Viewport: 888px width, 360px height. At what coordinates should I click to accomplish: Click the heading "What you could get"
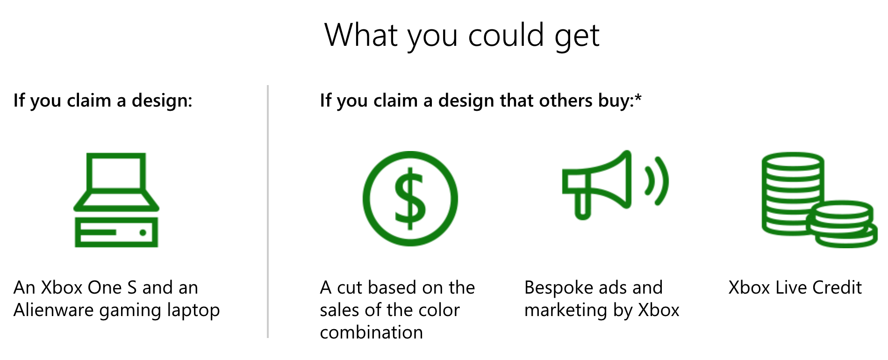point(462,36)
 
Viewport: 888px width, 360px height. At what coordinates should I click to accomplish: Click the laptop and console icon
point(116,200)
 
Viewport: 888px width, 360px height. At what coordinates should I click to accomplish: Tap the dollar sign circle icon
point(410,199)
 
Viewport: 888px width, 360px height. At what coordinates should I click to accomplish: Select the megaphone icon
point(615,185)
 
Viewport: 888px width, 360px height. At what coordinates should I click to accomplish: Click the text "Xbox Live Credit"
point(795,288)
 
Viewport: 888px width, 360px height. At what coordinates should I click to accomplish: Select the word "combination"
point(372,332)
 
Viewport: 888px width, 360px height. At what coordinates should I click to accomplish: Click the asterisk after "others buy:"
point(638,97)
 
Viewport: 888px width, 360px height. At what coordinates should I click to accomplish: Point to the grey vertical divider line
point(268,211)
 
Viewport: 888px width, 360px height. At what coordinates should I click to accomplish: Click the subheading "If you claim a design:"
point(103,101)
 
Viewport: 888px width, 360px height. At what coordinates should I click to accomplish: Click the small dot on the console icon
point(143,232)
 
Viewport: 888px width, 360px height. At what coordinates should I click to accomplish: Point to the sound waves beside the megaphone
point(657,181)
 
